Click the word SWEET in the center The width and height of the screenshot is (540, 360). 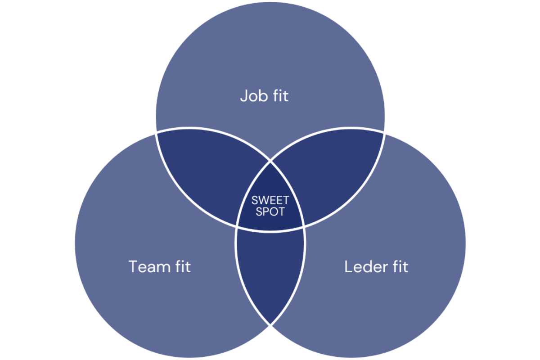pos(270,200)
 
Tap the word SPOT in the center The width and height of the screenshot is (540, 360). pos(270,211)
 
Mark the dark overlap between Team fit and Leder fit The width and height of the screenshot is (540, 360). pos(270,270)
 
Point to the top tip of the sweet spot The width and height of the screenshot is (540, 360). pos(270,161)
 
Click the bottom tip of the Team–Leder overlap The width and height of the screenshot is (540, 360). pos(270,324)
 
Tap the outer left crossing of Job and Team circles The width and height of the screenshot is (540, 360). pos(157,132)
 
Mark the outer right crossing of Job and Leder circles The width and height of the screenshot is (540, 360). pos(384,132)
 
